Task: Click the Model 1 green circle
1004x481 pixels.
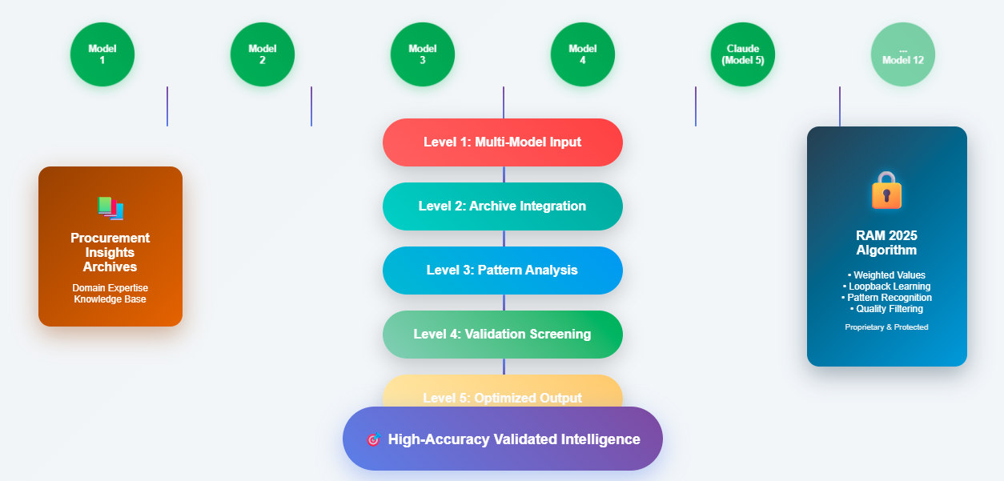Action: (102, 54)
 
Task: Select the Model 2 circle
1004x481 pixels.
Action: (263, 54)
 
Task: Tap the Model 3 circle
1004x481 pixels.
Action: (423, 54)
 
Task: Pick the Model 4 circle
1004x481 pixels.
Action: (583, 54)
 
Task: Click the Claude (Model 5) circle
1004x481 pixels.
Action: (743, 54)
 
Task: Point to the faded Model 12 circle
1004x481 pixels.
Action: (903, 54)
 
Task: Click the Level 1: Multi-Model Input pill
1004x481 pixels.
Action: (503, 142)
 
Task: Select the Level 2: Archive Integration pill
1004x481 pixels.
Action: (503, 206)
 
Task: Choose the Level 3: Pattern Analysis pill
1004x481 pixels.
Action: (503, 271)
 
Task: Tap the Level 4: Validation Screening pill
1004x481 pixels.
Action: (503, 335)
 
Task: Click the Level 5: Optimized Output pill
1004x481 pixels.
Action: (503, 391)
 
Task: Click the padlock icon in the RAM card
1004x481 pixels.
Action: (886, 191)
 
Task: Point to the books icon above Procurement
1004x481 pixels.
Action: (110, 208)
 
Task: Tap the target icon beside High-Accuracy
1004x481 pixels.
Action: (372, 439)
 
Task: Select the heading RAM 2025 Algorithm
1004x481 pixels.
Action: (886, 243)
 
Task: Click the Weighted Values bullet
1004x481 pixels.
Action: (886, 275)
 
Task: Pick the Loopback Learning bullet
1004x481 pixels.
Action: (886, 287)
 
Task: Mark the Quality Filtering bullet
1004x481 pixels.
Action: (886, 309)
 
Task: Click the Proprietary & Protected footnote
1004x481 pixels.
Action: (886, 327)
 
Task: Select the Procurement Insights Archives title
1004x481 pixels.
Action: (110, 252)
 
